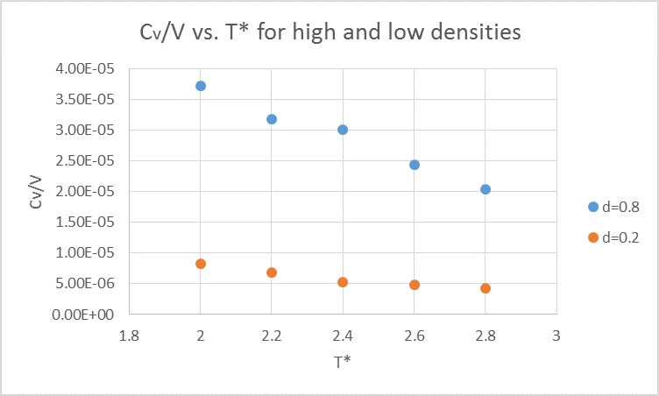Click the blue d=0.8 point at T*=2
[x=201, y=86]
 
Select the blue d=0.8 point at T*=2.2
[x=272, y=119]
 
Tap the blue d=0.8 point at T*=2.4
[x=343, y=130]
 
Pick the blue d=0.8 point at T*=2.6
[x=415, y=165]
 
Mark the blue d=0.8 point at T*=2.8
[x=485, y=189]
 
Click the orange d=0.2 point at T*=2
[x=201, y=264]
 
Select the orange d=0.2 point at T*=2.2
[x=272, y=272]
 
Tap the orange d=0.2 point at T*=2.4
[x=343, y=282]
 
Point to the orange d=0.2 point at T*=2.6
[x=415, y=285]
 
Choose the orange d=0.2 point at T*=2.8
[x=485, y=288]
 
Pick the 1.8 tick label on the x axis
[x=130, y=335]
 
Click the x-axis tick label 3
[x=556, y=335]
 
